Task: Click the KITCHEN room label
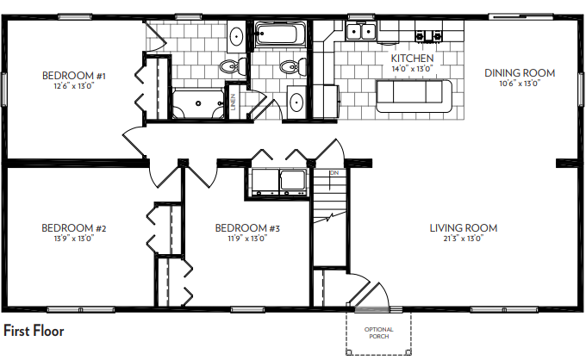coord(412,59)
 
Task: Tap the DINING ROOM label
coord(520,73)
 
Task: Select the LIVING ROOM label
coord(464,228)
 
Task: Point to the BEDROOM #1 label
coord(74,76)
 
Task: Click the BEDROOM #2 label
coord(74,228)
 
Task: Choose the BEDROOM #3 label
coord(247,228)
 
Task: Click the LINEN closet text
coord(234,102)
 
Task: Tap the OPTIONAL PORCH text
coord(379,332)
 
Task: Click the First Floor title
coord(34,331)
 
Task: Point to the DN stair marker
coord(334,173)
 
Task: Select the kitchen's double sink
coord(360,31)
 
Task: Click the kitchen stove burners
coord(428,36)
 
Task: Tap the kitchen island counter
coord(415,96)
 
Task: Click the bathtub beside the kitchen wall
coord(279,34)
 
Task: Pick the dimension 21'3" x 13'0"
coord(464,239)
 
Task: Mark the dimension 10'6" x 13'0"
coord(520,84)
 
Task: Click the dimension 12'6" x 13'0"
coord(74,86)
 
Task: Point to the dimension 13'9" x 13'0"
coord(74,239)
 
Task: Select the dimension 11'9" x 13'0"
coord(247,239)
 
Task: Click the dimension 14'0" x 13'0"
coord(412,69)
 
